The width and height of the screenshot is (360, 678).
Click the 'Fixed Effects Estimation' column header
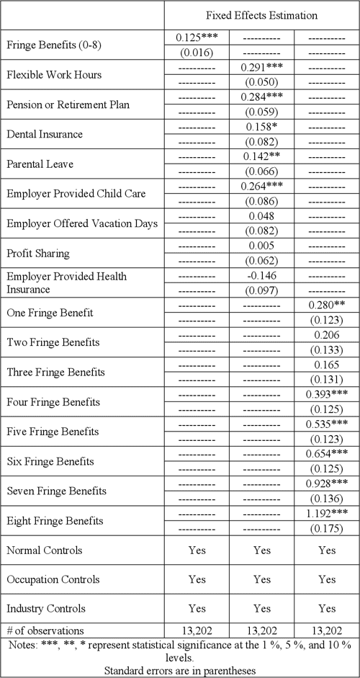pos(262,14)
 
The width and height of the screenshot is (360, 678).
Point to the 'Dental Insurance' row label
pos(44,133)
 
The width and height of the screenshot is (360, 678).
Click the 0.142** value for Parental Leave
pos(262,156)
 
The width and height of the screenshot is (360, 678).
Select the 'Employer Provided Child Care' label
pos(76,193)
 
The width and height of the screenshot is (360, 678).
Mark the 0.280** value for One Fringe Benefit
pos(327,305)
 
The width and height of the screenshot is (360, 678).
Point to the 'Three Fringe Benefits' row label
pos(55,372)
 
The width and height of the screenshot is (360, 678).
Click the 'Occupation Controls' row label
pos(54,579)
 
